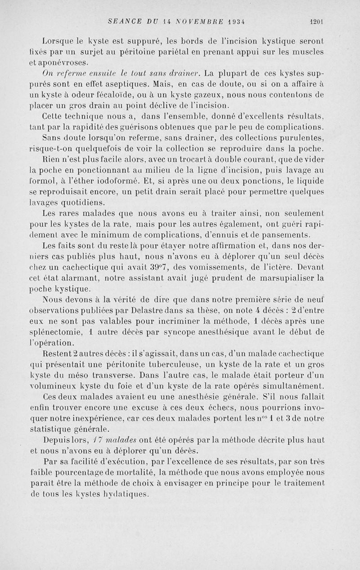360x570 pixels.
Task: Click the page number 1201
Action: click(x=317, y=21)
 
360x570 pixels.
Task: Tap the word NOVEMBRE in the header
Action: click(x=198, y=21)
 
